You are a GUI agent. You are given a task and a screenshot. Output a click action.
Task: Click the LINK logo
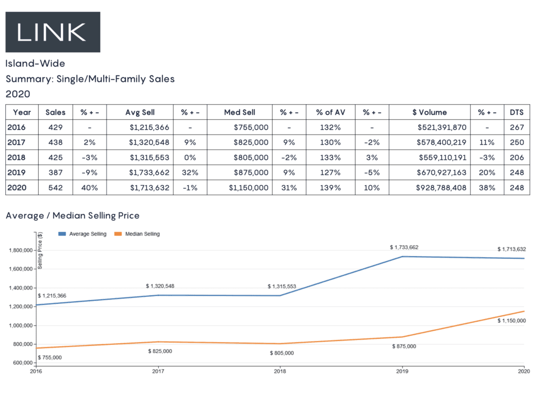tap(52, 32)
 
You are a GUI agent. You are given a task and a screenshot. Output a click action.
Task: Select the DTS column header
tap(517, 112)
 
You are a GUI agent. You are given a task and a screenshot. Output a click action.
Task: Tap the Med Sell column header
tap(239, 112)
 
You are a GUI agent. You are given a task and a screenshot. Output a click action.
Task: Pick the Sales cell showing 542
tap(55, 188)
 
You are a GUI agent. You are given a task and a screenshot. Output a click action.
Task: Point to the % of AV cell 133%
tap(328, 158)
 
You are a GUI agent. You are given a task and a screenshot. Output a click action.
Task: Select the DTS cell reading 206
tap(517, 158)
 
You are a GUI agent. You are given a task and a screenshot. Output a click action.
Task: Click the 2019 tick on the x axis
tap(401, 371)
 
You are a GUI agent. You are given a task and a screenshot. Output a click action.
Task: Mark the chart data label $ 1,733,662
tap(404, 247)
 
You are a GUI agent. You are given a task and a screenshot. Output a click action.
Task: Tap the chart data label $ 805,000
tap(282, 353)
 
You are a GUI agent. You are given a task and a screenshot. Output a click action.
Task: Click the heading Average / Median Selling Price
tap(73, 216)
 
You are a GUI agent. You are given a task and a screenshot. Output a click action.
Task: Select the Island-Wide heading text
tap(35, 64)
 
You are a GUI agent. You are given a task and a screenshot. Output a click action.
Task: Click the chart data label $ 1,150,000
tap(512, 321)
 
